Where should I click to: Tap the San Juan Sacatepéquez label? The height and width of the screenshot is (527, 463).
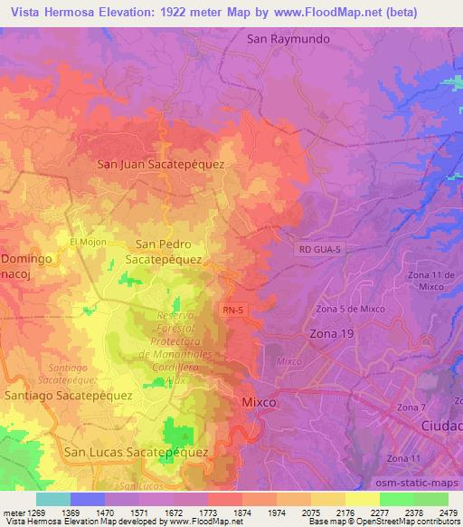tap(161, 165)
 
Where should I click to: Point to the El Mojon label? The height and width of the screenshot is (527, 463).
tap(88, 242)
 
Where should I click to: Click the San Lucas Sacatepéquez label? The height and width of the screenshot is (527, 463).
tap(137, 450)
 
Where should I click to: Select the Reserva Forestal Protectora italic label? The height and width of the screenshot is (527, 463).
tap(176, 342)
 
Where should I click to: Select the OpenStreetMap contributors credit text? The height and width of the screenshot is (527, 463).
tap(409, 522)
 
